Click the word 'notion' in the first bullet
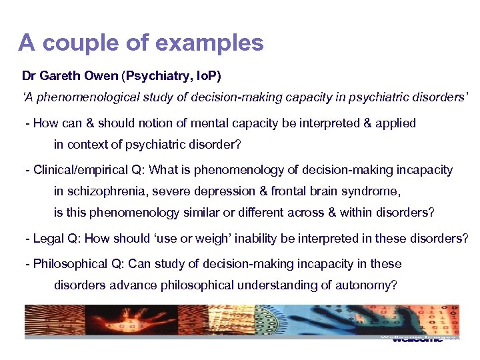point(176,123)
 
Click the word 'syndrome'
point(371,191)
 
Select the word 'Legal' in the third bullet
point(47,238)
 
